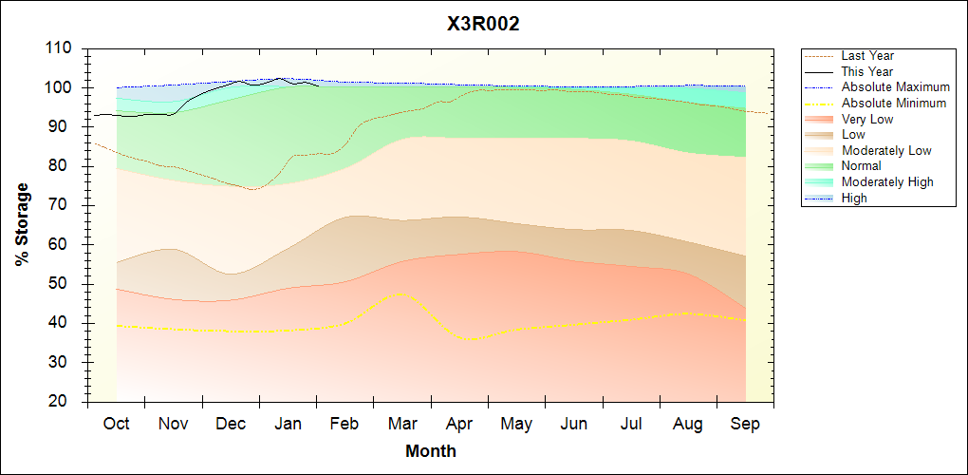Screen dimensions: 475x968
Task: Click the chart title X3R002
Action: pos(483,24)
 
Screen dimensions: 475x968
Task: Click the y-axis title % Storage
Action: pos(23,224)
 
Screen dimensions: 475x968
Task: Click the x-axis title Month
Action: pos(431,451)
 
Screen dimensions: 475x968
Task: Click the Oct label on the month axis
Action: pos(117,424)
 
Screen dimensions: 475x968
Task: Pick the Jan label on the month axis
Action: pos(288,424)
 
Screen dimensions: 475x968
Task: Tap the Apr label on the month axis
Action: pos(459,424)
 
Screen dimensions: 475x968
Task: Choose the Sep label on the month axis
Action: pos(745,424)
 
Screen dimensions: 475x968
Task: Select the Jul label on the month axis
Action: pos(631,424)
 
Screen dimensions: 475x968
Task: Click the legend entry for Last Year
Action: pos(867,56)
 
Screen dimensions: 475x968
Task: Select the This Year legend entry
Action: pos(867,71)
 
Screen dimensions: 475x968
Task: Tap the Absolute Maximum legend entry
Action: pos(895,87)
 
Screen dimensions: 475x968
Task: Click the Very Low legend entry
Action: pos(867,119)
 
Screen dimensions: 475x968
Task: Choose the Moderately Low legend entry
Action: pos(886,150)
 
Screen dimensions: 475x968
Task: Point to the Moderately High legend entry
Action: pos(887,181)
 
